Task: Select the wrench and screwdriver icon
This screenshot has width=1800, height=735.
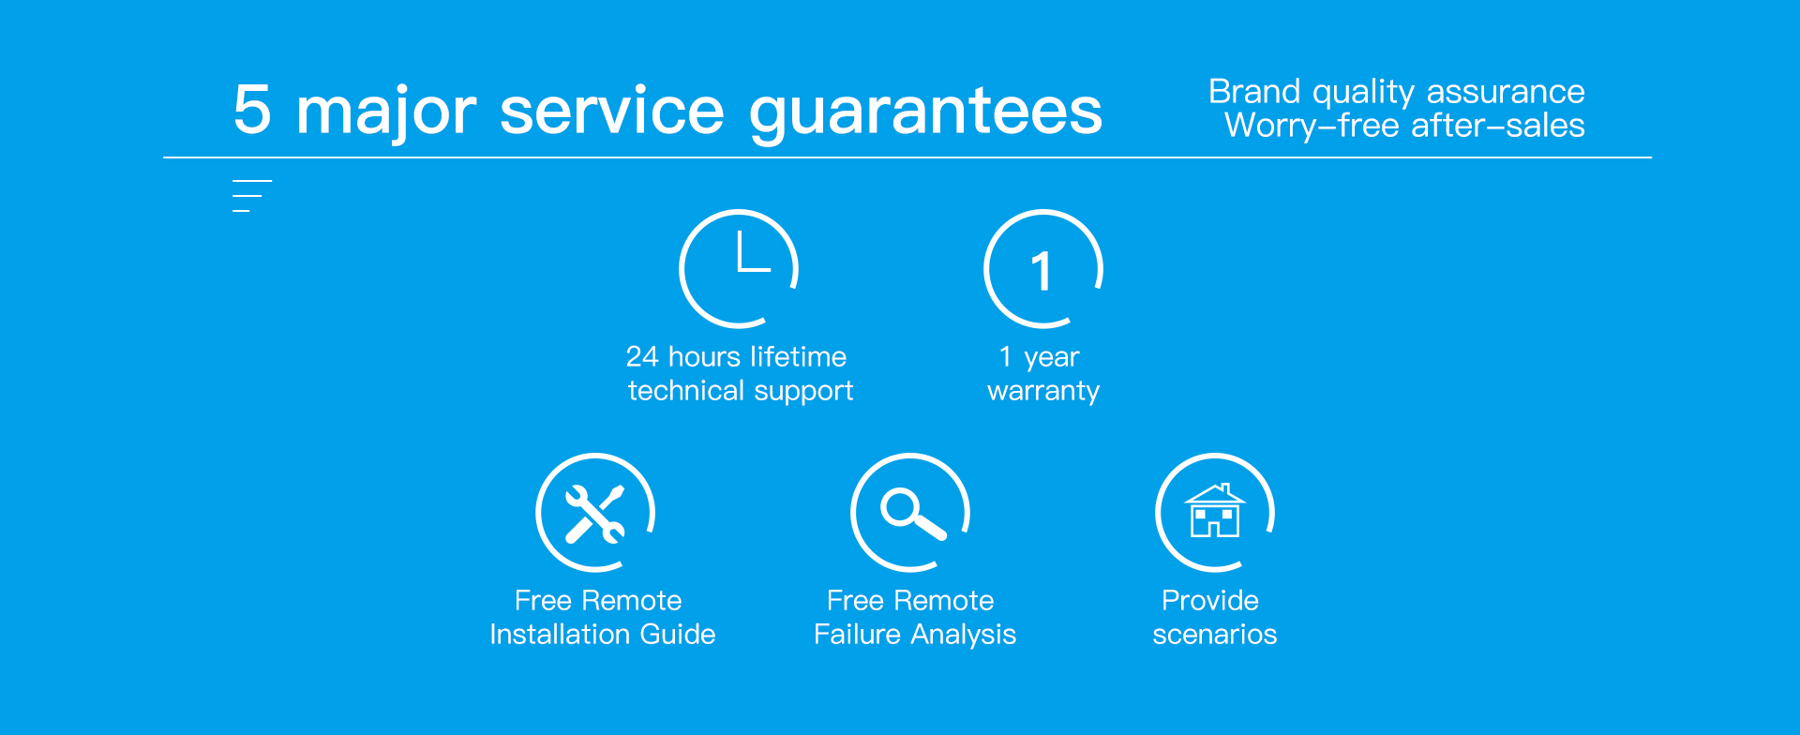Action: (x=594, y=514)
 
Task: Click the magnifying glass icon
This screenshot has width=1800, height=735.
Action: (x=911, y=514)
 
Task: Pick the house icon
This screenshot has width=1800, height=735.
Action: (x=1215, y=511)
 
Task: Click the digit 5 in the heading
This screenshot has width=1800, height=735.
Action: (x=252, y=111)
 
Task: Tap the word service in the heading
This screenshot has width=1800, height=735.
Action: (x=612, y=111)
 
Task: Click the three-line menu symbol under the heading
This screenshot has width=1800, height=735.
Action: (x=251, y=196)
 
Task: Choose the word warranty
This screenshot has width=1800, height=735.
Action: (x=1043, y=391)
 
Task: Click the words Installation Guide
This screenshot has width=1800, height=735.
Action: (x=602, y=635)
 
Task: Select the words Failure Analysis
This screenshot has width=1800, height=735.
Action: (x=915, y=635)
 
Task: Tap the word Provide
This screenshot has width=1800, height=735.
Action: (x=1210, y=600)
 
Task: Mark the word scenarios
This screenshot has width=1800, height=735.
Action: (x=1215, y=635)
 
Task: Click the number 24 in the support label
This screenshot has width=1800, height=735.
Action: (x=642, y=356)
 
